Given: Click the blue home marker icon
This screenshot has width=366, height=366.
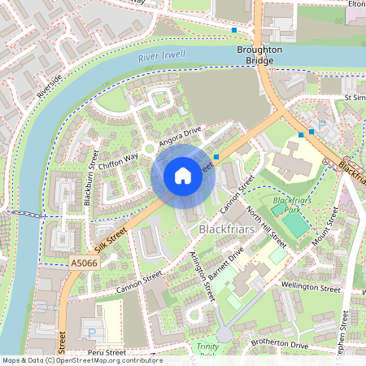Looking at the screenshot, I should [x=183, y=176].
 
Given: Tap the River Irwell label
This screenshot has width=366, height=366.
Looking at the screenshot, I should [x=161, y=57].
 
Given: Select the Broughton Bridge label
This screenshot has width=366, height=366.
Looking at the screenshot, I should [x=260, y=55].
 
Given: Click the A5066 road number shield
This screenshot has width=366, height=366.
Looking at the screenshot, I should [x=83, y=263].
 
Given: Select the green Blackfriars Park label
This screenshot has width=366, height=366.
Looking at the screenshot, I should [x=292, y=204].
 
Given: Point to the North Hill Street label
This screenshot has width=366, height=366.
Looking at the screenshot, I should [x=267, y=228].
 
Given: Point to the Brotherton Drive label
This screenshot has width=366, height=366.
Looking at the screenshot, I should [x=280, y=346].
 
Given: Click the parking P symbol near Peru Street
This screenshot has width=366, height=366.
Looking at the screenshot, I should [x=89, y=333].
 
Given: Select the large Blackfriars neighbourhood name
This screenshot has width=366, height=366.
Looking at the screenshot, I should [x=228, y=232].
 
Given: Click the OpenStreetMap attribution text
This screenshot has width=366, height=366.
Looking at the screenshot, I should [x=81, y=360].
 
